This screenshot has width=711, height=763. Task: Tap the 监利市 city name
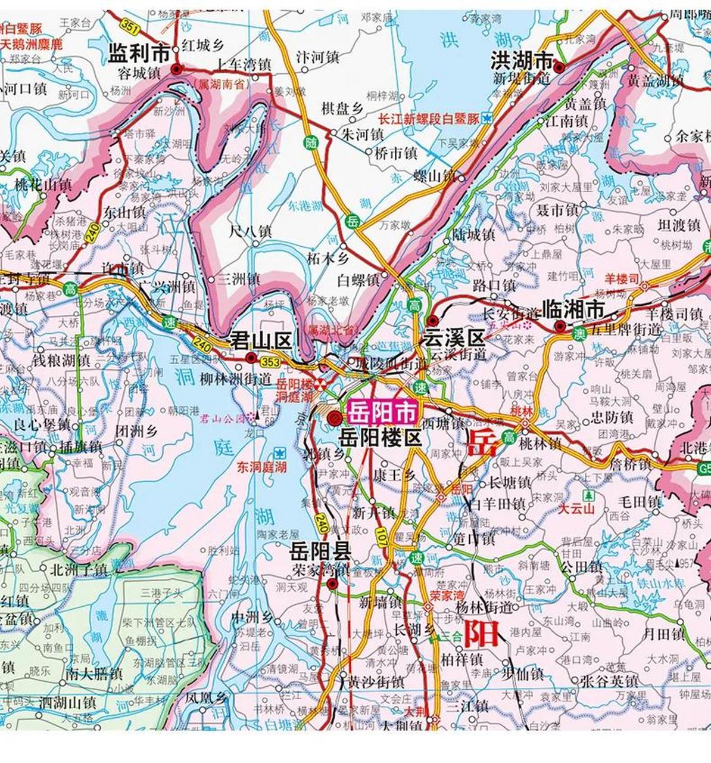pyautogui.click(x=139, y=54)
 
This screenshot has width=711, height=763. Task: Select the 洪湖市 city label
pyautogui.click(x=522, y=60)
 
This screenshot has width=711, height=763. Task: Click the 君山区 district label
pyautogui.click(x=261, y=341)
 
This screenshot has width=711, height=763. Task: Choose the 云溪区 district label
pyautogui.click(x=454, y=338)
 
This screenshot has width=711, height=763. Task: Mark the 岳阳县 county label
pyautogui.click(x=320, y=550)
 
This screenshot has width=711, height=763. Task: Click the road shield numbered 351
pyautogui.click(x=129, y=26)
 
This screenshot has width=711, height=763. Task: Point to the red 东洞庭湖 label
pyautogui.click(x=261, y=467)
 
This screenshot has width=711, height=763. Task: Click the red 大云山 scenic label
pyautogui.click(x=576, y=509)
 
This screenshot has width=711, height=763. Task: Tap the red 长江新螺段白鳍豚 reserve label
pyautogui.click(x=429, y=119)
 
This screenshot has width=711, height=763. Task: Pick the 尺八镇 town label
pyautogui.click(x=251, y=231)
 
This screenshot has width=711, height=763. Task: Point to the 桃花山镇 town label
pyautogui.click(x=43, y=185)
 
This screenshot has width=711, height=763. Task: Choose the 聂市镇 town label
pyautogui.click(x=557, y=210)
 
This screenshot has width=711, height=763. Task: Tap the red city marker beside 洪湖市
pyautogui.click(x=559, y=68)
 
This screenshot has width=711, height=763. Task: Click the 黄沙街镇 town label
pyautogui.click(x=376, y=681)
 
